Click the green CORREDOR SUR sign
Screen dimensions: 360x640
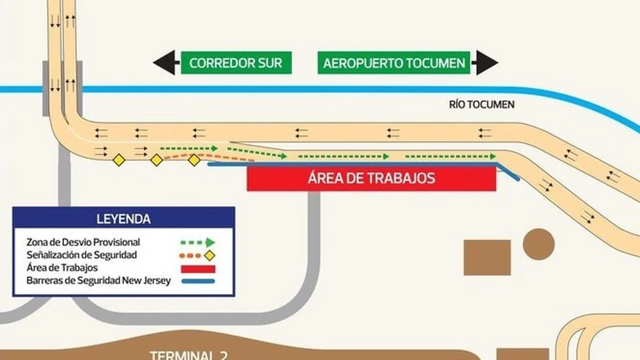[236, 63]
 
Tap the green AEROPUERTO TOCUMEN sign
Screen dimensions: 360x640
[395, 63]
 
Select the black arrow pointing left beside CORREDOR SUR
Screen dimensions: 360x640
[164, 63]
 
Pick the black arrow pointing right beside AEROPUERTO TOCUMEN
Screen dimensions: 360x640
[487, 63]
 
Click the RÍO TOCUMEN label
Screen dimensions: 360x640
[482, 105]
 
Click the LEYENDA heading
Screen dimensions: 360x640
[123, 219]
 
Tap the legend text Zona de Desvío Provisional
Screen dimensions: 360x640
[83, 242]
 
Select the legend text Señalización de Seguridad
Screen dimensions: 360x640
[82, 255]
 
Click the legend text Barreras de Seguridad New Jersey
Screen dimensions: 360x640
[99, 281]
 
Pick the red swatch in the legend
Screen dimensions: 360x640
[198, 268]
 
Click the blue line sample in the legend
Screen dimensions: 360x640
[198, 281]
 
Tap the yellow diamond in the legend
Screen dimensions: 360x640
[210, 255]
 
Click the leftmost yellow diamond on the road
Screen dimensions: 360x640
[118, 159]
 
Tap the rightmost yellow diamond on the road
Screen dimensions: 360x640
[195, 159]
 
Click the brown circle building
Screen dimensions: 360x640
[539, 244]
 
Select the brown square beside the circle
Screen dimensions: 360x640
[487, 258]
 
